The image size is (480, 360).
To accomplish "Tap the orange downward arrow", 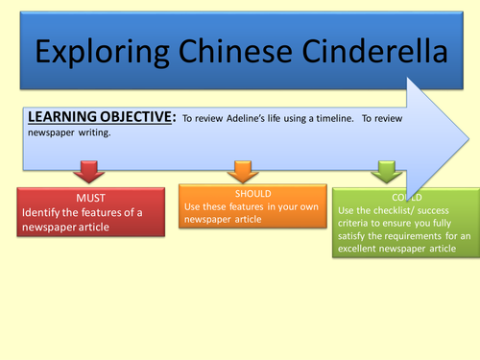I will (x=240, y=172).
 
